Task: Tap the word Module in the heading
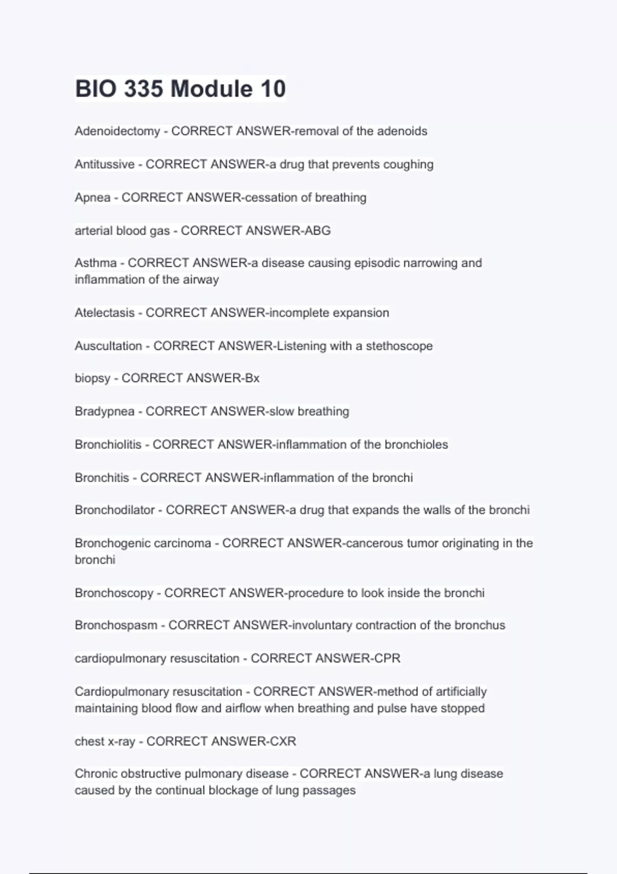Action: (x=211, y=88)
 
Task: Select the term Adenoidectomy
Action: (x=117, y=131)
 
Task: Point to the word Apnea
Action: (x=93, y=197)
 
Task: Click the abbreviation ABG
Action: (x=317, y=230)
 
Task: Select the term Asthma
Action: (x=96, y=263)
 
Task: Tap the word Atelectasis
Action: (x=104, y=313)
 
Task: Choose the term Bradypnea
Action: (x=104, y=411)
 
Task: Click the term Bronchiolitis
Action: (x=108, y=444)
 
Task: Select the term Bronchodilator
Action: (x=115, y=510)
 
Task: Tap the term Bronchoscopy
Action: (x=114, y=593)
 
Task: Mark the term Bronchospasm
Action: (x=116, y=625)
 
